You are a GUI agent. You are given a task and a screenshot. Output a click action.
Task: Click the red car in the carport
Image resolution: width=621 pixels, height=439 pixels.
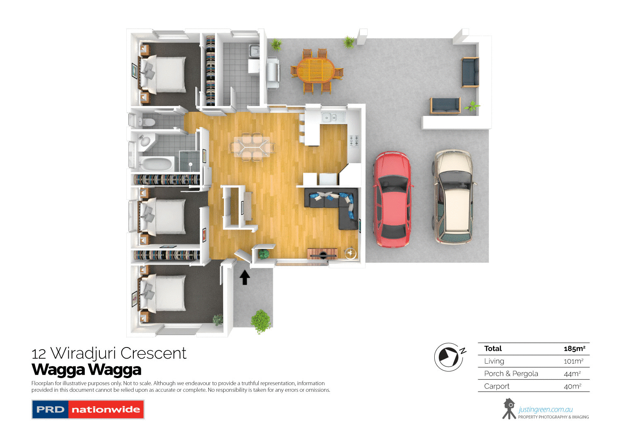pyautogui.click(x=392, y=200)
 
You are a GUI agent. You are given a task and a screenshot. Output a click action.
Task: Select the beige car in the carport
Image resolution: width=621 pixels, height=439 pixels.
pyautogui.click(x=453, y=197)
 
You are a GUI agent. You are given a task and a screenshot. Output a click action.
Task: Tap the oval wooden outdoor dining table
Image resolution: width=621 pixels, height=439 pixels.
pyautogui.click(x=316, y=70)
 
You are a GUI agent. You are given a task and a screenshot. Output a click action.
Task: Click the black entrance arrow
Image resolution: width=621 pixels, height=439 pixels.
pyautogui.click(x=245, y=277)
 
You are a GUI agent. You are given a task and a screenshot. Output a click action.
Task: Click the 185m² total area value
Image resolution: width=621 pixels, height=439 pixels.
pyautogui.click(x=574, y=349)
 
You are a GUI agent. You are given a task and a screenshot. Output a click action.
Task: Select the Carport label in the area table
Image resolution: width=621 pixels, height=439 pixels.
pyautogui.click(x=497, y=386)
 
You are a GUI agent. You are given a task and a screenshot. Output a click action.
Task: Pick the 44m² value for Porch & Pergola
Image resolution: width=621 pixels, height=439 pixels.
pyautogui.click(x=572, y=374)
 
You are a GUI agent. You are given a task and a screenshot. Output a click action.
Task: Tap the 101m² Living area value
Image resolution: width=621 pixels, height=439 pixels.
pyautogui.click(x=573, y=361)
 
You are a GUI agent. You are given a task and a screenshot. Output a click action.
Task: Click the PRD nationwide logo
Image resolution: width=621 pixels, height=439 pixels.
pyautogui.click(x=88, y=409)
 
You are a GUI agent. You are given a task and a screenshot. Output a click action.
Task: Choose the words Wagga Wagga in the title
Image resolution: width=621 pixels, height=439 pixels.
pyautogui.click(x=87, y=369)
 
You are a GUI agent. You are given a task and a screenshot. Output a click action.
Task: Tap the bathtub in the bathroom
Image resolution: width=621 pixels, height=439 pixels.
pyautogui.click(x=156, y=164)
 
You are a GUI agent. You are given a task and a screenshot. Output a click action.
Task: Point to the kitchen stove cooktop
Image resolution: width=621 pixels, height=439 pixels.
pyautogui.click(x=354, y=140)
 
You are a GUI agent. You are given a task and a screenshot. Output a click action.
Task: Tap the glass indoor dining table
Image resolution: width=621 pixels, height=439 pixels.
pyautogui.click(x=252, y=146)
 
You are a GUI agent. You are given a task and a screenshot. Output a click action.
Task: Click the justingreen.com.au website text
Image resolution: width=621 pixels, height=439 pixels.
pyautogui.click(x=545, y=410)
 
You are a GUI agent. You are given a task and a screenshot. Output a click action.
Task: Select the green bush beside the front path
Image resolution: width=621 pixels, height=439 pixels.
pyautogui.click(x=261, y=320)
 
